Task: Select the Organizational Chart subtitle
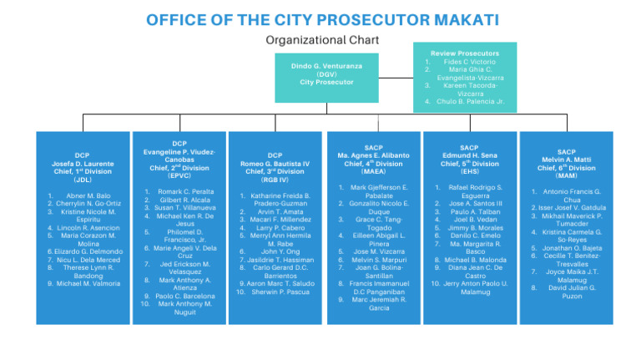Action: coord(321,39)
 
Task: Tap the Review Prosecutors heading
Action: coord(466,52)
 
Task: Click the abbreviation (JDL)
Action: coord(83,180)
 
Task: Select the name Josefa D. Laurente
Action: coord(83,163)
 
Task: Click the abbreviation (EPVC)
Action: coord(179,175)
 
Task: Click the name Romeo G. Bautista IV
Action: coord(275,164)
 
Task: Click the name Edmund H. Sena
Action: coord(469,155)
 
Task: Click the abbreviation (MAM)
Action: coord(566,175)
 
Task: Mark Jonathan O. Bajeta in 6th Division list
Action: coord(571,248)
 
